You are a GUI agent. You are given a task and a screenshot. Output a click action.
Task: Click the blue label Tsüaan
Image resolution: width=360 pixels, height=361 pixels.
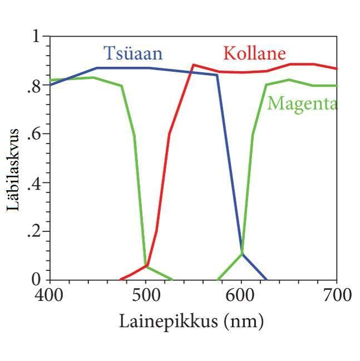[x=133, y=54]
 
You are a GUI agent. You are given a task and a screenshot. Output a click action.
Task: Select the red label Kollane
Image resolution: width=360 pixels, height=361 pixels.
[x=254, y=54]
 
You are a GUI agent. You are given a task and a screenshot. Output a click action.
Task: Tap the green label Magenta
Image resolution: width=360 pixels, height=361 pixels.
[x=302, y=103]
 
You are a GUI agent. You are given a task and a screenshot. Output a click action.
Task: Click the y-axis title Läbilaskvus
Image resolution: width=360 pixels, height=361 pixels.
[x=14, y=169]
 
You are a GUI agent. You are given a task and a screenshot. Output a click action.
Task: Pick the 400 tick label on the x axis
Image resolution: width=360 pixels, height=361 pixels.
[x=50, y=295]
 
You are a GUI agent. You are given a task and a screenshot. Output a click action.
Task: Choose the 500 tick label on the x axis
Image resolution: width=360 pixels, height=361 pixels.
[x=146, y=295]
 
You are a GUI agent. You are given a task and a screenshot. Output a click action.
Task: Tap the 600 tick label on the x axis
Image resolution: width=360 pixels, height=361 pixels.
[x=241, y=295]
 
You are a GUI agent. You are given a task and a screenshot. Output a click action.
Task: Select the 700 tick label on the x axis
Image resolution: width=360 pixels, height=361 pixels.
[x=337, y=295]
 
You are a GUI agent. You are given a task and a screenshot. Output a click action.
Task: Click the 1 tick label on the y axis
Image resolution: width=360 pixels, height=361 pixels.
[x=37, y=37]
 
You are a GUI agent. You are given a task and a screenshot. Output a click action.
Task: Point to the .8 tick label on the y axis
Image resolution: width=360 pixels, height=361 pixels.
[x=34, y=86]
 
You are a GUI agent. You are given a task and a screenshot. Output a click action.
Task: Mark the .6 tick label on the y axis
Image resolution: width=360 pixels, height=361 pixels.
[x=34, y=135]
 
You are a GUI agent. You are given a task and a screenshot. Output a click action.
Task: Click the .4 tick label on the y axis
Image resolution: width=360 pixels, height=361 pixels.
[x=34, y=183]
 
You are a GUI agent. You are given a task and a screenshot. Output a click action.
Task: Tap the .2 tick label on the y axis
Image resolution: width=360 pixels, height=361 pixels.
[x=34, y=231]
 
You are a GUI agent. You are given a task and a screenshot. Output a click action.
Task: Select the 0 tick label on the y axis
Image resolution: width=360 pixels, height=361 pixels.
[x=37, y=279]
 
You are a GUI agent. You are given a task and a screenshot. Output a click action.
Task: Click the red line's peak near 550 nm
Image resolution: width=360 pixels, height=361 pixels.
[x=193, y=65]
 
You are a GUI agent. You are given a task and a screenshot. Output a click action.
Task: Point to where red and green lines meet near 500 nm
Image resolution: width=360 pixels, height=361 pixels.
[x=146, y=265]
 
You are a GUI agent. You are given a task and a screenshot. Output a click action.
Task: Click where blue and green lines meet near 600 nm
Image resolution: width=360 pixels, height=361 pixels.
[x=241, y=254]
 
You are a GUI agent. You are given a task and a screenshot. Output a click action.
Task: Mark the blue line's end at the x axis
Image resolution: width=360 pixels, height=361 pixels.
[x=267, y=279]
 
